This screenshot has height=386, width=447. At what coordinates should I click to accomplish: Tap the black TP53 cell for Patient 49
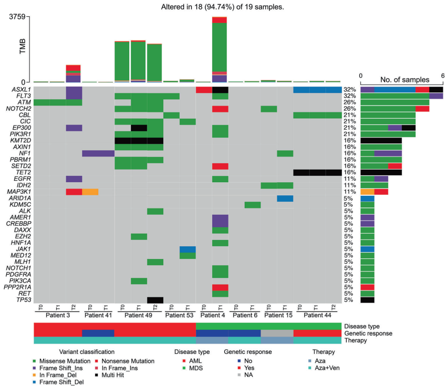click(x=155, y=300)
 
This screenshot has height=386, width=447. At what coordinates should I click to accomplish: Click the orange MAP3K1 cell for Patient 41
click(x=90, y=192)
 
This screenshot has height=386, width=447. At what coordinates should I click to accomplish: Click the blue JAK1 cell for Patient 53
click(x=188, y=249)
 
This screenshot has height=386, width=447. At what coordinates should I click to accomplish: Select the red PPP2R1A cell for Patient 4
click(x=220, y=287)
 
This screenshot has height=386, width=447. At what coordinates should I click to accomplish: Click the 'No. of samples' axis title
click(x=401, y=80)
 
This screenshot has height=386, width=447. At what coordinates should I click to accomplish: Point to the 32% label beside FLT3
click(x=349, y=96)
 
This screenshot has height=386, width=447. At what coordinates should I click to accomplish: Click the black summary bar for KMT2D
click(x=381, y=141)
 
